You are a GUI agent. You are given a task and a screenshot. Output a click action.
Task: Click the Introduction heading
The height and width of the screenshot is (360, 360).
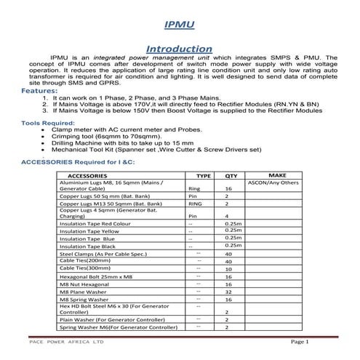[179, 47]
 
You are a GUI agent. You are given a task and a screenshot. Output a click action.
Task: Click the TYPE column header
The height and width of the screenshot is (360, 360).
[204, 176]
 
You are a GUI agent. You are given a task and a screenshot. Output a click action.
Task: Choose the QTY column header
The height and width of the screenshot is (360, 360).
[231, 176]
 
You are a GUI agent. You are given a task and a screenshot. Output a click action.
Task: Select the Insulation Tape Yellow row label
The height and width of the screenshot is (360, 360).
[89, 229]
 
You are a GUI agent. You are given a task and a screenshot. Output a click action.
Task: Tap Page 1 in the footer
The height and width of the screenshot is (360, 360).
[300, 342]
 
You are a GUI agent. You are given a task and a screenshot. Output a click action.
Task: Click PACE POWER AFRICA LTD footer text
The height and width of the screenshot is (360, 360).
[65, 342]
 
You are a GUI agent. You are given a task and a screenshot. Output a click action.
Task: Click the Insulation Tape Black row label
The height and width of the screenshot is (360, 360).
[87, 246]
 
